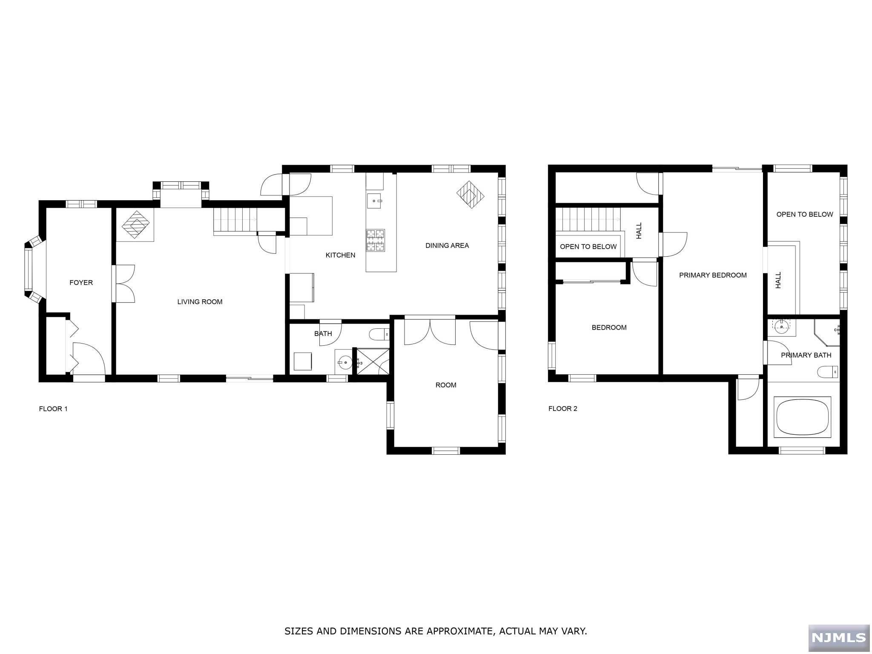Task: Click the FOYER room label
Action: (81, 283)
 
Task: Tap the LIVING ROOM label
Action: (200, 302)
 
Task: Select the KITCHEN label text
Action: (340, 255)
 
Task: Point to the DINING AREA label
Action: (447, 246)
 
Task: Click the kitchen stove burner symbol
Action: (375, 240)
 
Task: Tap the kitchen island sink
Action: (375, 201)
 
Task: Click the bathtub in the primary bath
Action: (803, 417)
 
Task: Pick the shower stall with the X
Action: (372, 361)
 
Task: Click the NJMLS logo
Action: (838, 637)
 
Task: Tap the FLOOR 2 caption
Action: (562, 409)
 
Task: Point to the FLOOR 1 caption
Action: (53, 409)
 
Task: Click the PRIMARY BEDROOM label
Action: (713, 275)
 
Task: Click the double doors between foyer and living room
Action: (124, 284)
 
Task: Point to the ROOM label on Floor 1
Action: (446, 385)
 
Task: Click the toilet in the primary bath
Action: (827, 372)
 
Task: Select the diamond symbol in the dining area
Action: (470, 195)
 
